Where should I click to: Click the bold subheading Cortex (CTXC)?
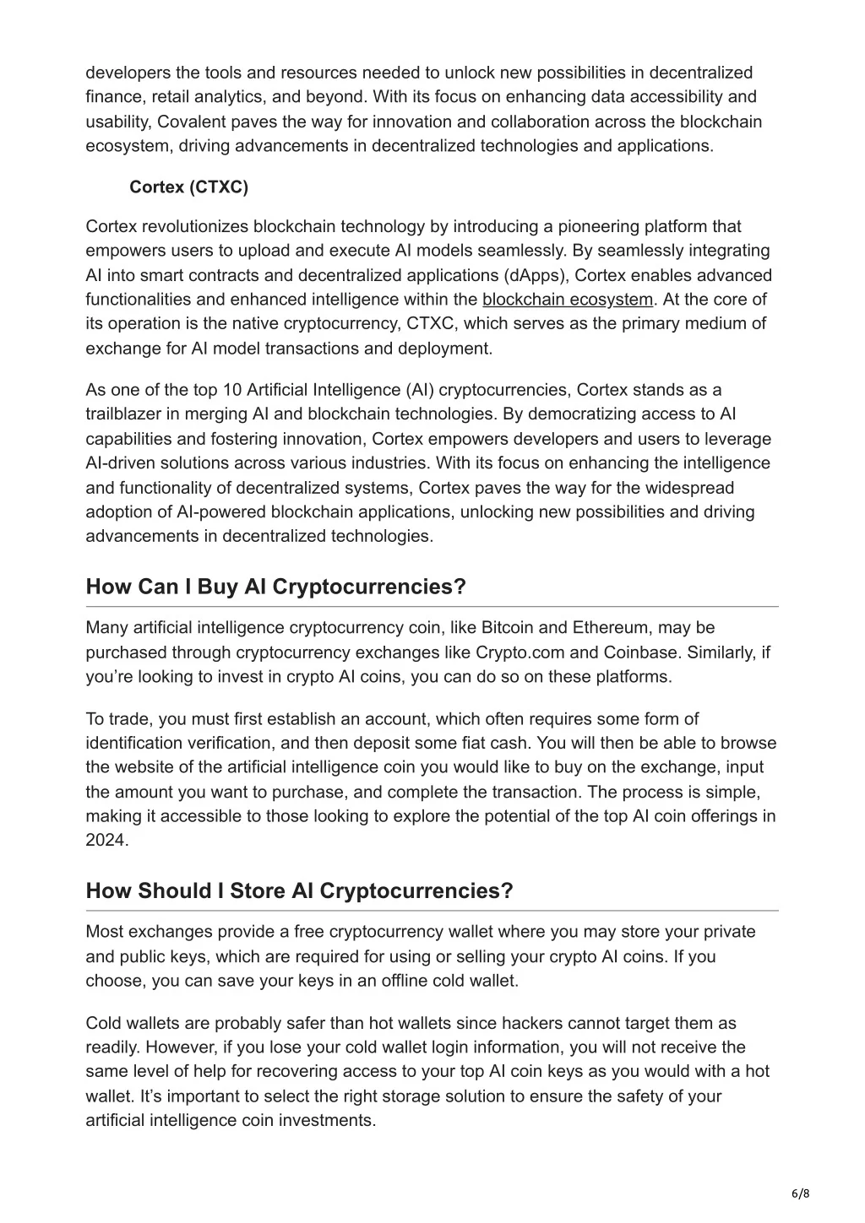point(188,187)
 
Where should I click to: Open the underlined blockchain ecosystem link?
point(568,300)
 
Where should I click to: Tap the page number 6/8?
point(800,1193)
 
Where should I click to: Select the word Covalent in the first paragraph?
point(190,122)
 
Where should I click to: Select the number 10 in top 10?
point(232,390)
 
